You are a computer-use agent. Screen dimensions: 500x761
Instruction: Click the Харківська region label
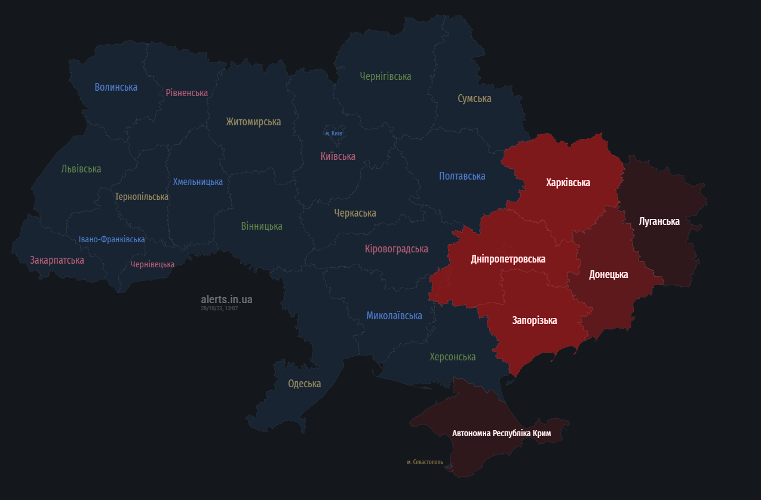[x=568, y=183]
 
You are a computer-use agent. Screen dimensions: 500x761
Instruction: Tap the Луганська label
[x=659, y=221]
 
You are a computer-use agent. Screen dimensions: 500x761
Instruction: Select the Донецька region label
[x=608, y=274]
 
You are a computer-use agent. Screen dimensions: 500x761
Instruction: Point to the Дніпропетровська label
[x=508, y=259]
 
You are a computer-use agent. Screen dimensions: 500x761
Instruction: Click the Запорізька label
[x=534, y=320]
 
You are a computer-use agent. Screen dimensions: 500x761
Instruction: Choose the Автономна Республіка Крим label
[x=501, y=433]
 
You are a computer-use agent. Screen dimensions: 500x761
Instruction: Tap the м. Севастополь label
[x=425, y=462]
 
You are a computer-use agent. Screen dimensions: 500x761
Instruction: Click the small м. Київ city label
[x=333, y=133]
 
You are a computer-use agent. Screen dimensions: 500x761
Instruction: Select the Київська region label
[x=337, y=156]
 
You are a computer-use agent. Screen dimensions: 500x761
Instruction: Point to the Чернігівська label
[x=385, y=76]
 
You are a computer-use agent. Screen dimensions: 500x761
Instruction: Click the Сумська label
[x=474, y=98]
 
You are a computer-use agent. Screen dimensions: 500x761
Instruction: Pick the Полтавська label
[x=462, y=176]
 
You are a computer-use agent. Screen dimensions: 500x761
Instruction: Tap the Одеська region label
[x=304, y=384]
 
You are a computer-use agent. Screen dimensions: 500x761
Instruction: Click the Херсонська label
[x=452, y=357]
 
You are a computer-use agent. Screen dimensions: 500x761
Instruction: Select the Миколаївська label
[x=394, y=316]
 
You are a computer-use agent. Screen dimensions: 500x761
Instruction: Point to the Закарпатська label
[x=57, y=260]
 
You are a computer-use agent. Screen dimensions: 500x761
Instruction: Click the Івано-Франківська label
[x=112, y=239]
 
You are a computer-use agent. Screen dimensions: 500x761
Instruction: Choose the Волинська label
[x=116, y=87]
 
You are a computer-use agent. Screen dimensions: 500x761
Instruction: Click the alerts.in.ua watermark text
[x=226, y=299]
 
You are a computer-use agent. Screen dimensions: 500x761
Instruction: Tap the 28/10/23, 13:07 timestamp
[x=219, y=308]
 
